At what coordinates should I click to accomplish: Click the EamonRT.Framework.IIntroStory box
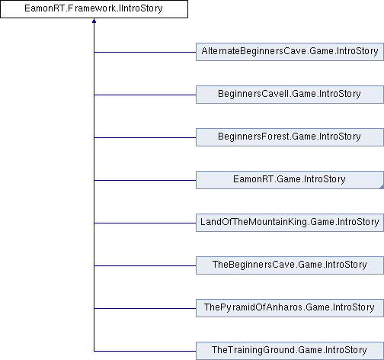coord(94,9)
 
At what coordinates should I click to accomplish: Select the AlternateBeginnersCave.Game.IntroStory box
coord(290,52)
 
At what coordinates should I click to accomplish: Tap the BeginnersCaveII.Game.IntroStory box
coord(290,95)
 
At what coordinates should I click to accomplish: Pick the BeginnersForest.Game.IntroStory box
coord(290,137)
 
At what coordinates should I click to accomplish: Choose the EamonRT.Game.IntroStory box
coord(290,180)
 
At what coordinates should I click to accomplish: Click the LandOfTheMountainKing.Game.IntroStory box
coord(290,223)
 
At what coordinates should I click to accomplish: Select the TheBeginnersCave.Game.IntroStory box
coord(290,265)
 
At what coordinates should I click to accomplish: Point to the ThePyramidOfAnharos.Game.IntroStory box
coord(290,308)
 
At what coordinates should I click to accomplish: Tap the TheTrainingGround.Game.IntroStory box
coord(290,351)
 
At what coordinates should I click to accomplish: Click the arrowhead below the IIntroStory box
coord(94,21)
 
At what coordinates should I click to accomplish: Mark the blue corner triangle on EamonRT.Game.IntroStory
coord(382,187)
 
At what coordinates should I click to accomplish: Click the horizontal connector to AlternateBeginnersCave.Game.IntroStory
coord(145,52)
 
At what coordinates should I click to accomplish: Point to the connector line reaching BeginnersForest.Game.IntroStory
coord(145,137)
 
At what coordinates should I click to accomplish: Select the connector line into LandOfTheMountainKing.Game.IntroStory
coord(145,223)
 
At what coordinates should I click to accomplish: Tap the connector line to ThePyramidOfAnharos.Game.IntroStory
coord(145,308)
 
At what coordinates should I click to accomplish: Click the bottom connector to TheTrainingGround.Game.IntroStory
coord(145,351)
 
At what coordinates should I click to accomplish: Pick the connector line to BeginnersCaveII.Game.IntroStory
coord(145,95)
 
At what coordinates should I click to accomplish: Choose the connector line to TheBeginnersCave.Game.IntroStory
coord(145,265)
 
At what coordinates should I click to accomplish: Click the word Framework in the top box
coord(92,8)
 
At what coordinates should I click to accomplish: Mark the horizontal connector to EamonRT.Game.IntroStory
coord(145,180)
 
